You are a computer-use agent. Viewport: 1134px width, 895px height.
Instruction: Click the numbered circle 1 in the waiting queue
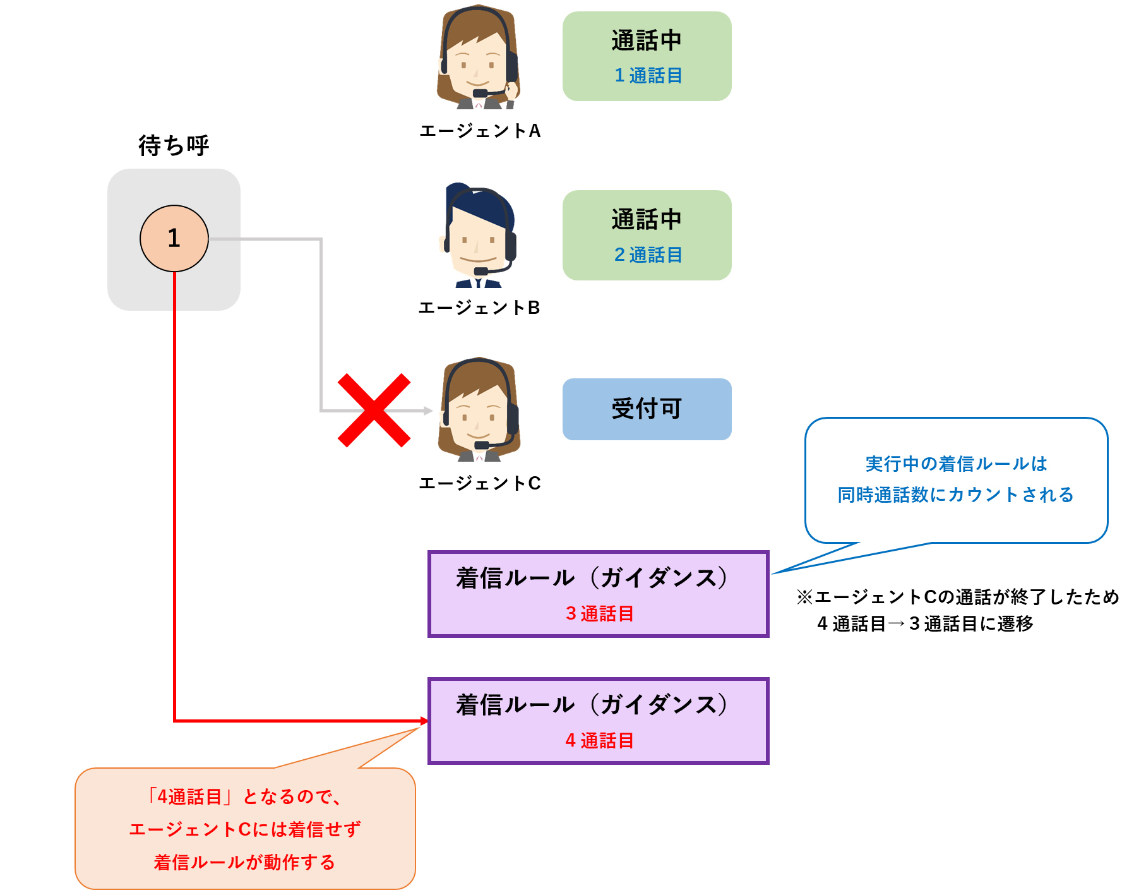(174, 238)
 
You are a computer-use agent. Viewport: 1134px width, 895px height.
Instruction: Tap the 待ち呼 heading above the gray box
(174, 145)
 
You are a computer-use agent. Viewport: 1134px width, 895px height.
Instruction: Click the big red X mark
(374, 411)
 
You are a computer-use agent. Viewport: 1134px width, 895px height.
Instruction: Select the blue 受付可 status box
(647, 409)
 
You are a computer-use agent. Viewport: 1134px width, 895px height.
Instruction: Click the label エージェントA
(480, 131)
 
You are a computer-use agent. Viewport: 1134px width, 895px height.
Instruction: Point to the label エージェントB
(479, 308)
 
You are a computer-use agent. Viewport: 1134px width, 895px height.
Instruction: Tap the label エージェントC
(480, 483)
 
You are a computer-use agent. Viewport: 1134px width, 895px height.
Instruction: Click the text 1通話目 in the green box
(648, 76)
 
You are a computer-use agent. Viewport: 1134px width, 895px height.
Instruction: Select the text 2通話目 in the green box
(648, 255)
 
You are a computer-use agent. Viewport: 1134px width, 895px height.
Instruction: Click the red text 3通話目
(599, 613)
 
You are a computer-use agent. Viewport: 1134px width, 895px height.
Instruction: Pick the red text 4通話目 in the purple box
(599, 740)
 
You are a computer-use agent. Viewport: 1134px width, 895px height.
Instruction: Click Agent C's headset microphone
(481, 445)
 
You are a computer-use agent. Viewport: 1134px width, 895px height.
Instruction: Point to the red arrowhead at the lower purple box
(424, 721)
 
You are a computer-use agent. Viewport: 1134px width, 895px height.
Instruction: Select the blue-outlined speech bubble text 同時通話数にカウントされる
(955, 495)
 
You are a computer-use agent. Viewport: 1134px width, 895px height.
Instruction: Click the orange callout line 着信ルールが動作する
(244, 862)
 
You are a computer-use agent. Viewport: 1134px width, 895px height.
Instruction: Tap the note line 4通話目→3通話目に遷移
(925, 624)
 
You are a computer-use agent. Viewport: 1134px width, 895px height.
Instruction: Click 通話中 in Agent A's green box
(647, 40)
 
